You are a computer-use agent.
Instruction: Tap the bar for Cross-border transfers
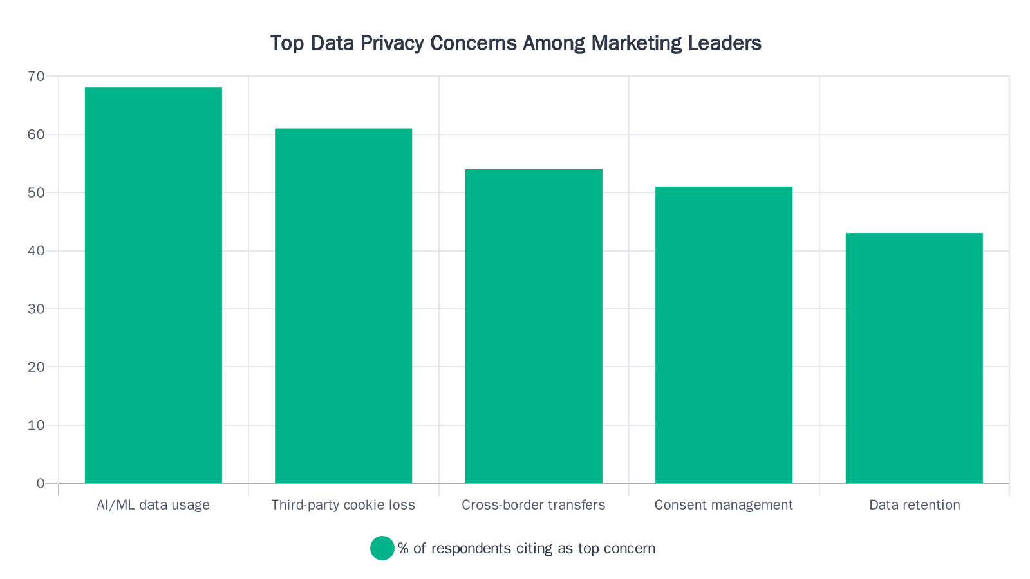pos(534,326)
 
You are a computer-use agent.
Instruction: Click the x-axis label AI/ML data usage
pos(153,505)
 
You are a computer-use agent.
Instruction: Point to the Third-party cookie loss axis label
pos(343,505)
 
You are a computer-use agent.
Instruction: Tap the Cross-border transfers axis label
pos(534,505)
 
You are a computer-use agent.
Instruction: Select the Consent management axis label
pos(724,505)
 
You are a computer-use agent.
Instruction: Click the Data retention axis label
pos(914,505)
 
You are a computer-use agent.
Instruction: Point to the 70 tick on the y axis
pos(37,77)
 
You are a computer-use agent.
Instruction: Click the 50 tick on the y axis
pos(37,192)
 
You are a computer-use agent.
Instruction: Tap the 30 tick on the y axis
pos(37,309)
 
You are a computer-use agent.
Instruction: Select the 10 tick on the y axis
pos(37,425)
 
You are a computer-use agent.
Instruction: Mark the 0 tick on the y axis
pos(41,483)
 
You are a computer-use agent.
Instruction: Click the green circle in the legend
pos(382,548)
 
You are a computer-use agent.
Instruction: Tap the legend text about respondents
pos(527,549)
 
